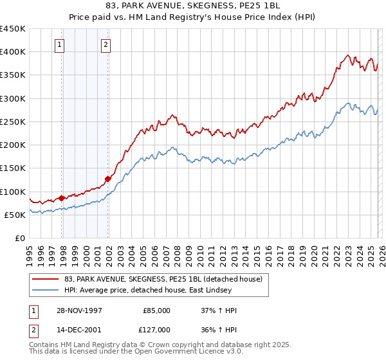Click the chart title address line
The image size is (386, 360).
(192, 6)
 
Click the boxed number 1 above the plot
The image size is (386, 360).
(60, 45)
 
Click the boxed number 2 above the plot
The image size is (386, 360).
(106, 45)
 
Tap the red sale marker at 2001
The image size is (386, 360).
(107, 179)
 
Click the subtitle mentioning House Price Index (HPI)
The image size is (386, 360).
(192, 17)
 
